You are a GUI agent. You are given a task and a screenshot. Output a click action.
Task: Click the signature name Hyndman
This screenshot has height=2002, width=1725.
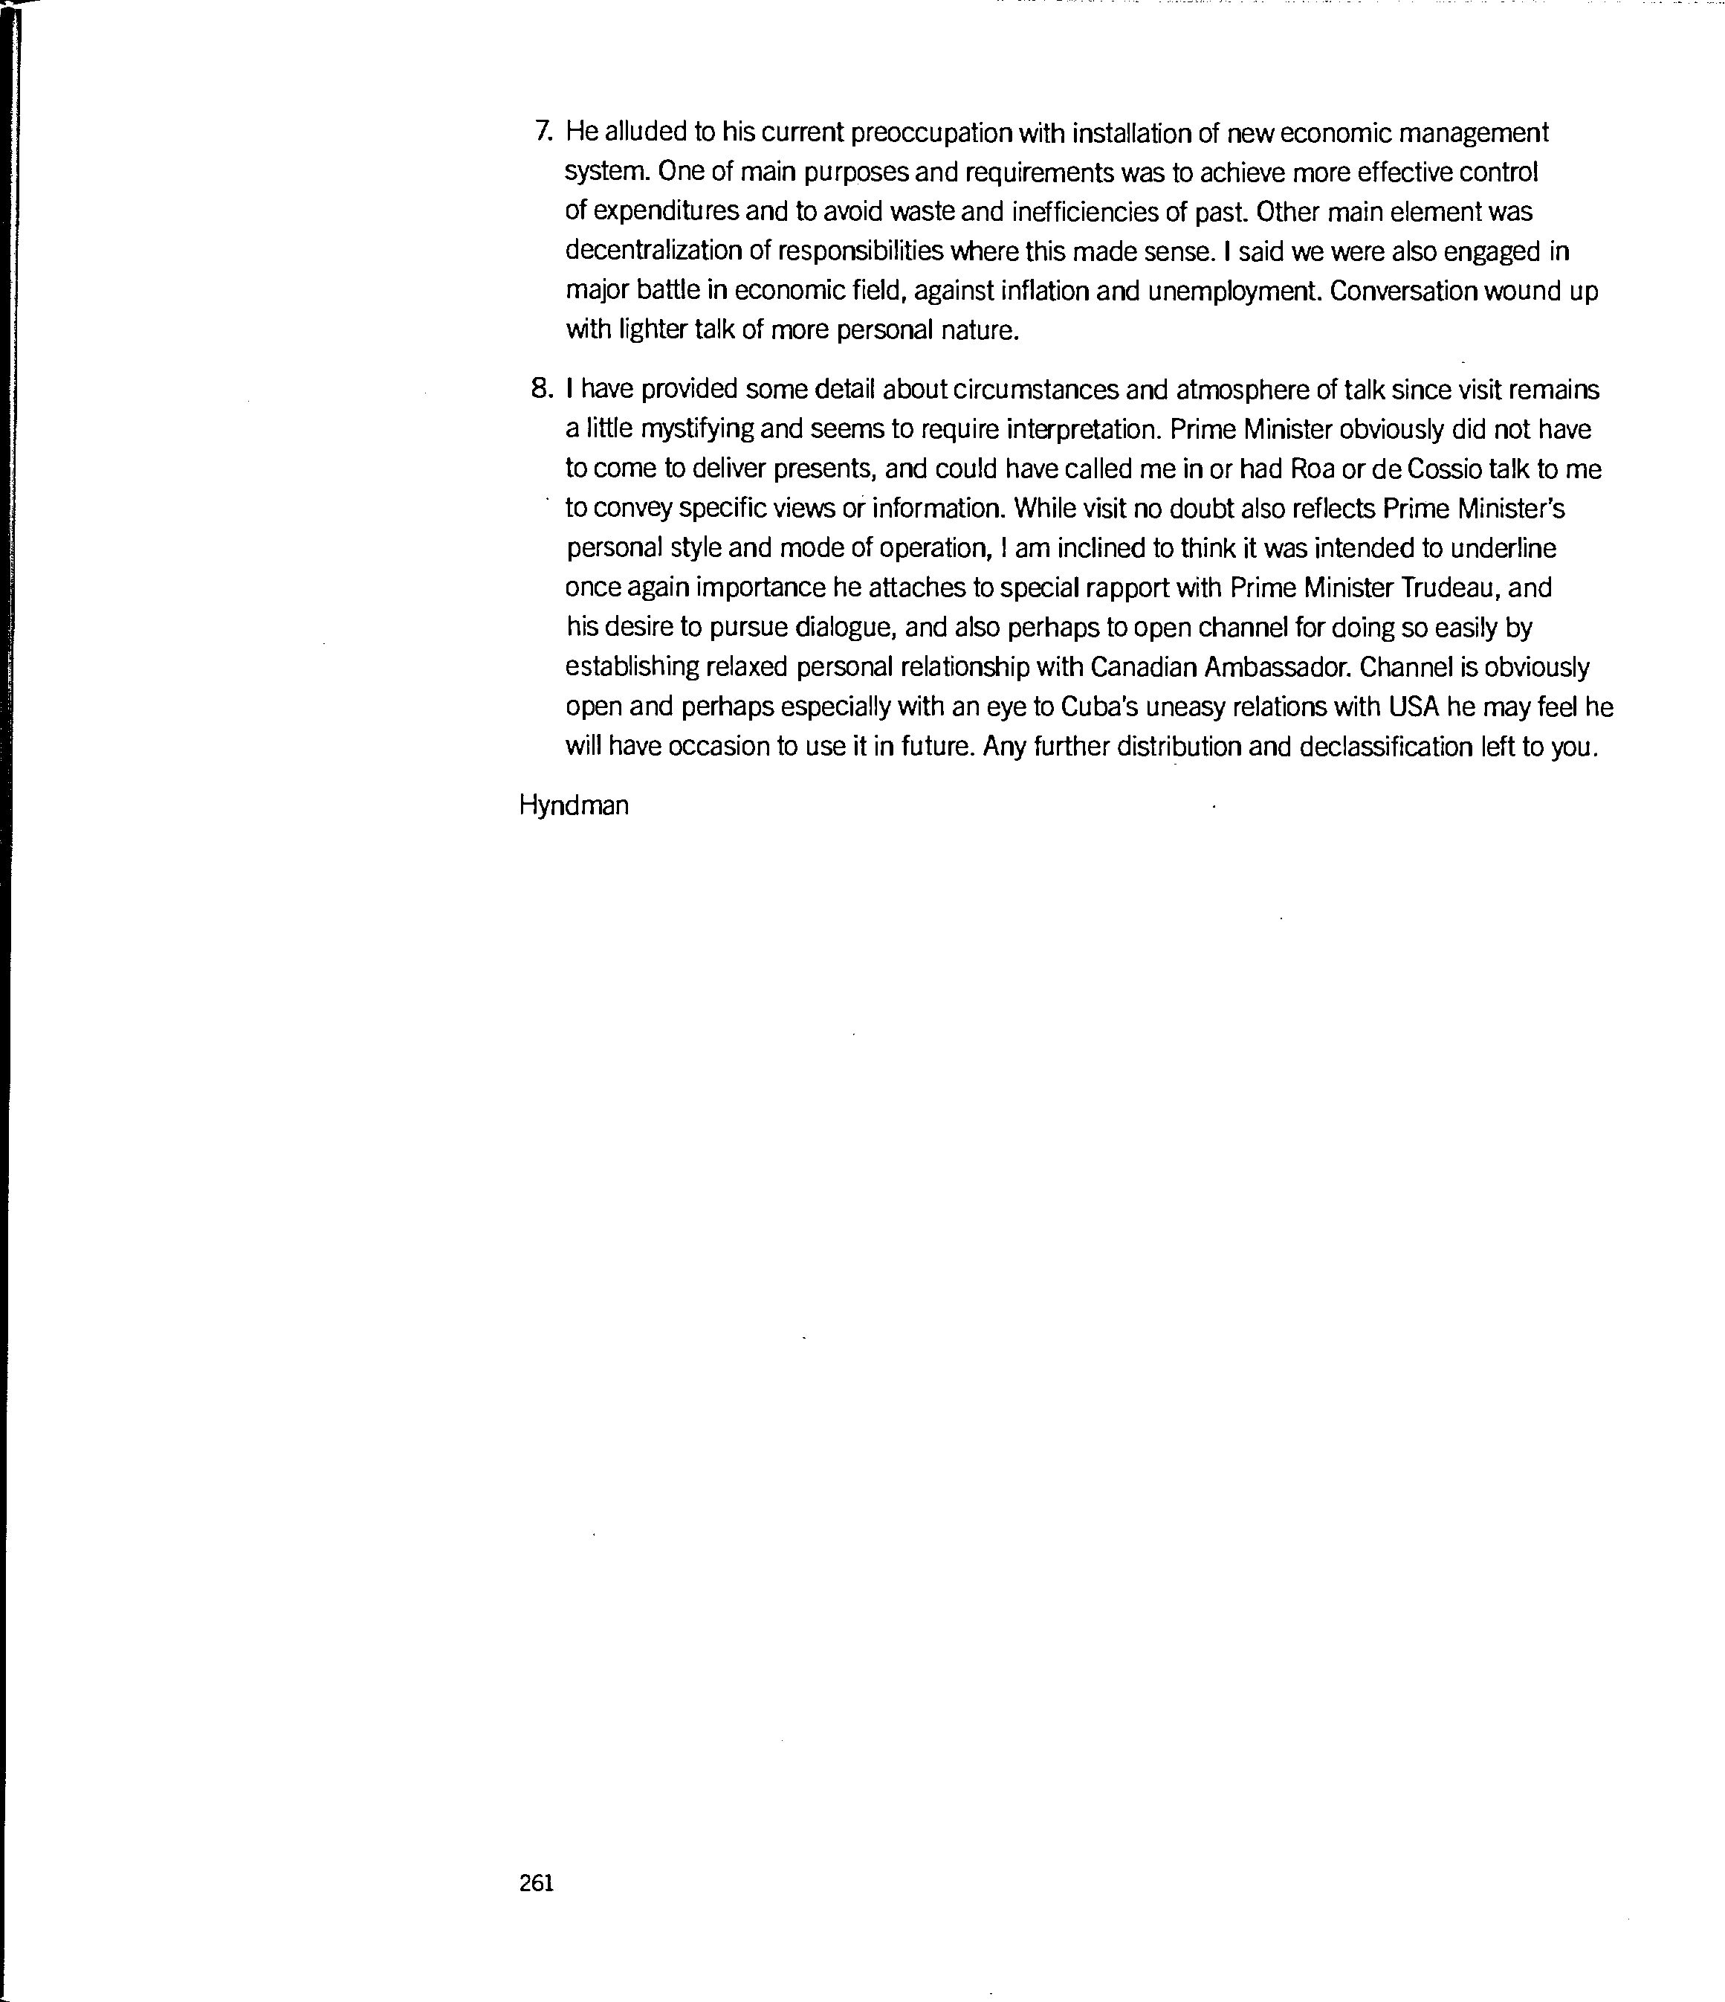(574, 806)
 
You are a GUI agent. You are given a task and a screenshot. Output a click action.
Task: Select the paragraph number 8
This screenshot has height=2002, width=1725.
(542, 390)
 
